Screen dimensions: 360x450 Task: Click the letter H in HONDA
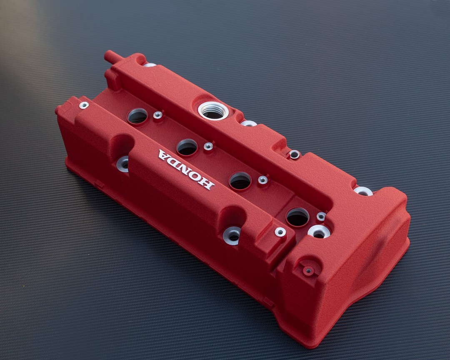point(207,183)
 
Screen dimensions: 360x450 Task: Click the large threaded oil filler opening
point(213,111)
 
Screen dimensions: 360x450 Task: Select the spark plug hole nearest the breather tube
point(137,116)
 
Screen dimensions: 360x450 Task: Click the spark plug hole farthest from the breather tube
point(297,217)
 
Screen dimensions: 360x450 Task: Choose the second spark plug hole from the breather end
point(187,147)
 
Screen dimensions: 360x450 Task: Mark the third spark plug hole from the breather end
point(240,180)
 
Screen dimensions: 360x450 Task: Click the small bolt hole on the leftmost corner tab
point(84,105)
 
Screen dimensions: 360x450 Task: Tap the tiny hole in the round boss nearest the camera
point(308,270)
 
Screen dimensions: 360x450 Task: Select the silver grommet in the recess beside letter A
point(123,164)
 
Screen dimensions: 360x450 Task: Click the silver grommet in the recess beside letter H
point(232,236)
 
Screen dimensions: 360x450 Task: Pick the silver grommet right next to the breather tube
point(149,65)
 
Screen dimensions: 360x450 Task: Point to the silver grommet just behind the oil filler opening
point(249,123)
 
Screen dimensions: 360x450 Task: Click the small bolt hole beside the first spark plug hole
point(157,115)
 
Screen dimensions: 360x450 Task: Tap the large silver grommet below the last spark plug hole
point(319,232)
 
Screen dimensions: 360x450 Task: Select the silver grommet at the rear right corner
point(363,191)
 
